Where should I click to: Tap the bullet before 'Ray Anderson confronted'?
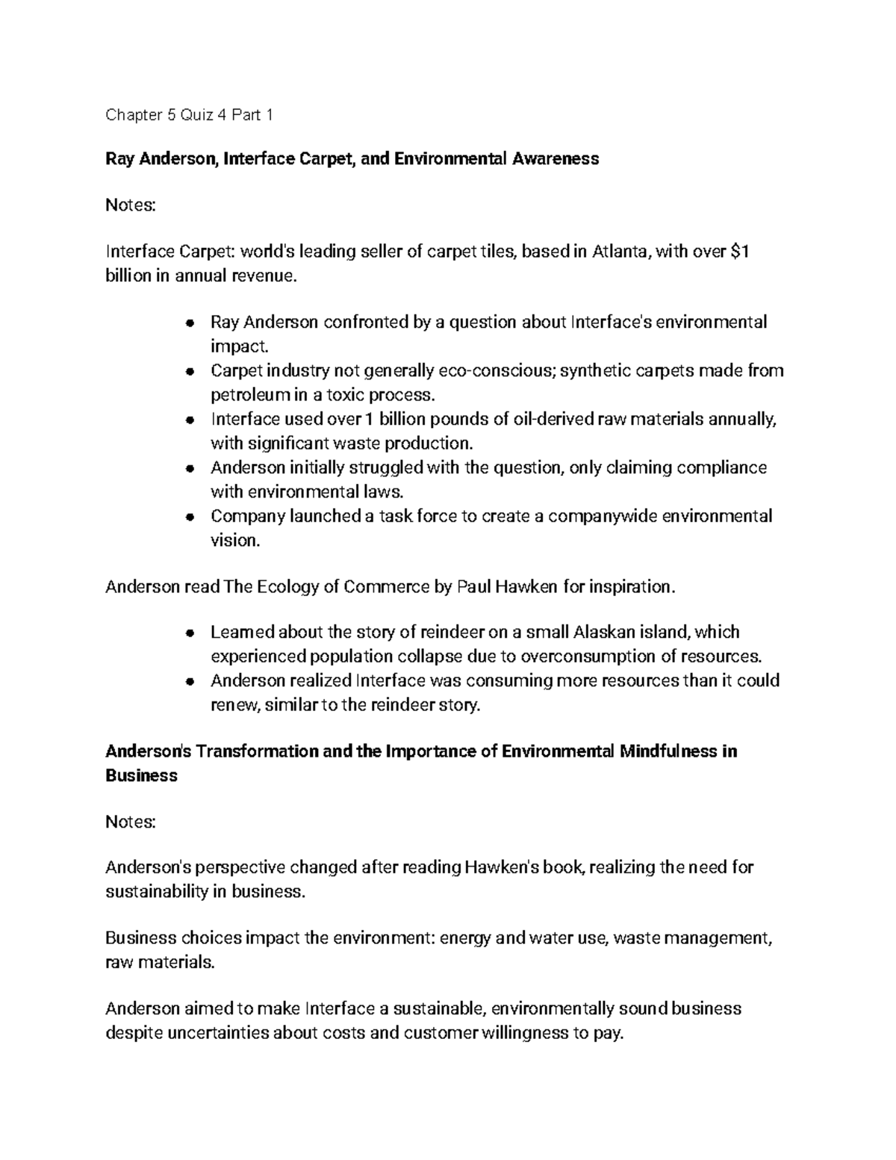(190, 323)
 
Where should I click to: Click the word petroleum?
(244, 395)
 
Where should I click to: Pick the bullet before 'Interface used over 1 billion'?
(190, 421)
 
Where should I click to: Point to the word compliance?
(724, 468)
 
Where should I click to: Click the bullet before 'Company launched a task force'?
(190, 517)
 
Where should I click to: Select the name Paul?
(473, 587)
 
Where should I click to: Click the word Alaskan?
(602, 633)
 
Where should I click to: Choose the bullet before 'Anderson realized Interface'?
(190, 681)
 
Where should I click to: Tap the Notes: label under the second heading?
(131, 822)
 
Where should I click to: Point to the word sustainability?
(157, 891)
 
